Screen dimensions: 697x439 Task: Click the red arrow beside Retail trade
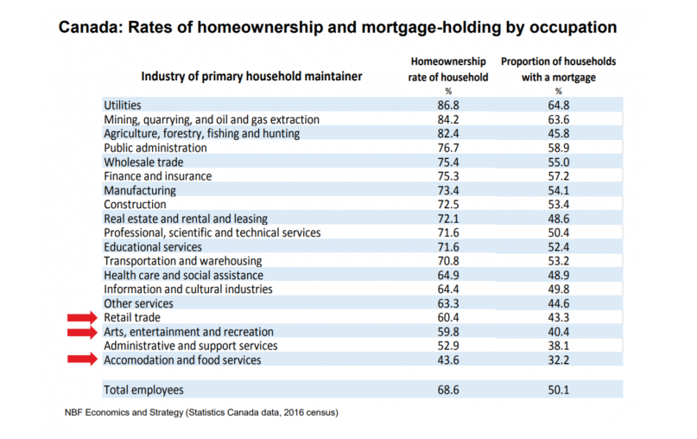pyautogui.click(x=82, y=317)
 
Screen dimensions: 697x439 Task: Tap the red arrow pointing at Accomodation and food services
pyautogui.click(x=82, y=359)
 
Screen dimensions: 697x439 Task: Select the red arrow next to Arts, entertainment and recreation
pyautogui.click(x=82, y=332)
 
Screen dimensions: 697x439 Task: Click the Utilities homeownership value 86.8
pyautogui.click(x=448, y=105)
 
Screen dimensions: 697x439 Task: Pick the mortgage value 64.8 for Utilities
pyautogui.click(x=558, y=105)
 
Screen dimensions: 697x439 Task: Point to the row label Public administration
pyautogui.click(x=155, y=148)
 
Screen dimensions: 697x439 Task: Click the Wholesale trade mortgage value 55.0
pyautogui.click(x=558, y=162)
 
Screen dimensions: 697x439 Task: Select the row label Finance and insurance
pyautogui.click(x=158, y=176)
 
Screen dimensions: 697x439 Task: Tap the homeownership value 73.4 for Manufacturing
pyautogui.click(x=448, y=190)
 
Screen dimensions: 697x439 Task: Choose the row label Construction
pyautogui.click(x=135, y=205)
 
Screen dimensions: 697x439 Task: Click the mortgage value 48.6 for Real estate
pyautogui.click(x=558, y=219)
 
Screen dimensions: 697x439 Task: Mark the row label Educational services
pyautogui.click(x=153, y=247)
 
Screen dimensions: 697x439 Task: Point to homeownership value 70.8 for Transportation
pyautogui.click(x=448, y=261)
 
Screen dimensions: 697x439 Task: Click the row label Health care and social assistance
pyautogui.click(x=184, y=276)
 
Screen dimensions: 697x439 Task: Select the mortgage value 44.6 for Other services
pyautogui.click(x=558, y=304)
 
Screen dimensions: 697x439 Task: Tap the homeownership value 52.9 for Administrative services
pyautogui.click(x=448, y=346)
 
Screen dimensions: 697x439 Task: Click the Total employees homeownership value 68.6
pyautogui.click(x=448, y=390)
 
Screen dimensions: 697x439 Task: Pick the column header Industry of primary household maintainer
pyautogui.click(x=251, y=77)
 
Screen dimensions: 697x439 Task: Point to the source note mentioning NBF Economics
pyautogui.click(x=201, y=413)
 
